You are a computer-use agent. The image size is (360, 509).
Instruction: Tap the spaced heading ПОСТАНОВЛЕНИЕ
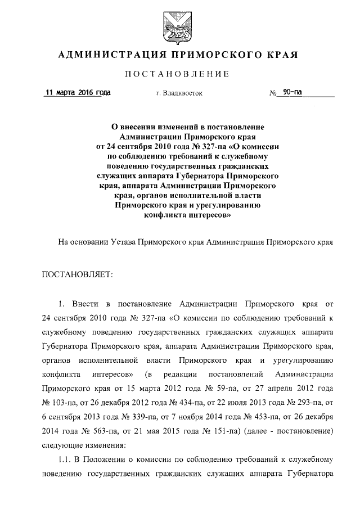point(179,74)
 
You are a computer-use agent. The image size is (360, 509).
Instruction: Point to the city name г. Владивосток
point(179,93)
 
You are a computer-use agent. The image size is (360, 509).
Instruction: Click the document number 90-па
point(292,93)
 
